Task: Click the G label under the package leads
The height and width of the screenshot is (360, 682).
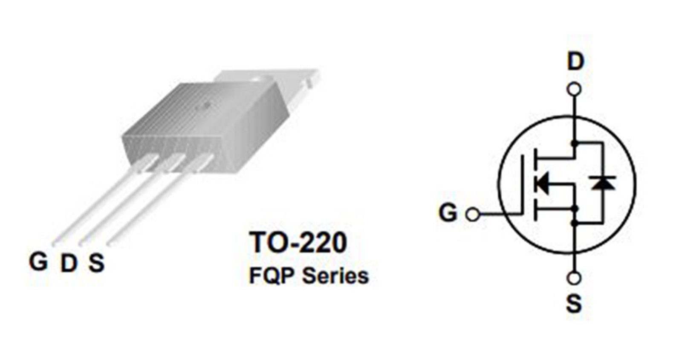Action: tap(38, 261)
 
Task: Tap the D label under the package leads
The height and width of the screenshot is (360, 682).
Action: tap(69, 263)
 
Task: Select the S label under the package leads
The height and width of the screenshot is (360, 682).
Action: tap(96, 263)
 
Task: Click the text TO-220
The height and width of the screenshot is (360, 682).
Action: tap(298, 242)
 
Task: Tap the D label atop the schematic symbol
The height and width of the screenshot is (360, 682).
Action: tap(576, 61)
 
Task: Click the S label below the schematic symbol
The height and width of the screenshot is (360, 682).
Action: tap(574, 304)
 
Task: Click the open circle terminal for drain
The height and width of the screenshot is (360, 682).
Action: tap(574, 90)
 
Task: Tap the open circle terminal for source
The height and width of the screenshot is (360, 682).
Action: tap(574, 278)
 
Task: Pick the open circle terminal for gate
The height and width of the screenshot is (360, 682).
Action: tap(473, 214)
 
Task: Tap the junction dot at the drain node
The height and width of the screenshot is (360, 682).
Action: tap(574, 143)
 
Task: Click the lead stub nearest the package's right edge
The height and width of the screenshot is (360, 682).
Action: tap(200, 163)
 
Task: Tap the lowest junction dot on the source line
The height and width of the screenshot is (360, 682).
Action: tap(574, 223)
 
